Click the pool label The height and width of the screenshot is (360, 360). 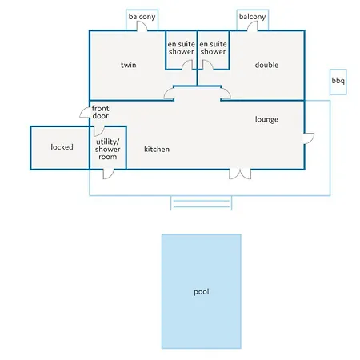(202, 292)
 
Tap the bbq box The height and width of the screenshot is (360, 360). (338, 82)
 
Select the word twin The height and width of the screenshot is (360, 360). (129, 65)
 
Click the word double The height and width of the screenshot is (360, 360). (266, 65)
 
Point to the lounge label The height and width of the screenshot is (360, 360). (266, 119)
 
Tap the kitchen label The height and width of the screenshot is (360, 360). (157, 149)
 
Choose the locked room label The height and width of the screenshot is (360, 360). (62, 147)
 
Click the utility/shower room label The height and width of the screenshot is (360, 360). (108, 149)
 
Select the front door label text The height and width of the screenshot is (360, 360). (100, 112)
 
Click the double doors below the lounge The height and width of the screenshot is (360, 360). (240, 174)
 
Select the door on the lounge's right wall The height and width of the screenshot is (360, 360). (310, 138)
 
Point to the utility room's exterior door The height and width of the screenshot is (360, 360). (108, 174)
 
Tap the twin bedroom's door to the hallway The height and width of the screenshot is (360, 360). (169, 94)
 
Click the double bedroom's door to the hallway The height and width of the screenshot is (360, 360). (226, 94)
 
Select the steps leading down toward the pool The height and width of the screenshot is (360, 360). (201, 203)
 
